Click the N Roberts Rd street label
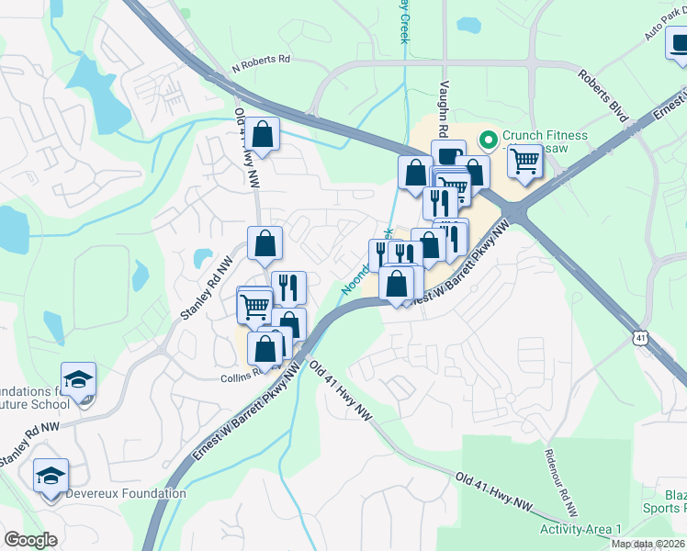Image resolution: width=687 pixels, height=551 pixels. point(261,60)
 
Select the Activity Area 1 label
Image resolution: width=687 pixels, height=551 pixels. point(580,530)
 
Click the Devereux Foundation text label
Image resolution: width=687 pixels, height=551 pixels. point(125,493)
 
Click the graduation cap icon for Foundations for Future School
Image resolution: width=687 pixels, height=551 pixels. point(78,379)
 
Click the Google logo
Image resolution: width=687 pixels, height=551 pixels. point(31,540)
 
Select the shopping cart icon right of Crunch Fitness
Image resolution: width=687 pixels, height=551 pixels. point(524,161)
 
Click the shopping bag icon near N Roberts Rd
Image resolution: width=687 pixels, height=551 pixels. point(263,134)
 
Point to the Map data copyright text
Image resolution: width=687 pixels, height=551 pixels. point(648,544)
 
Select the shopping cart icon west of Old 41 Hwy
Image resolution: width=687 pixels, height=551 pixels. point(254,305)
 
